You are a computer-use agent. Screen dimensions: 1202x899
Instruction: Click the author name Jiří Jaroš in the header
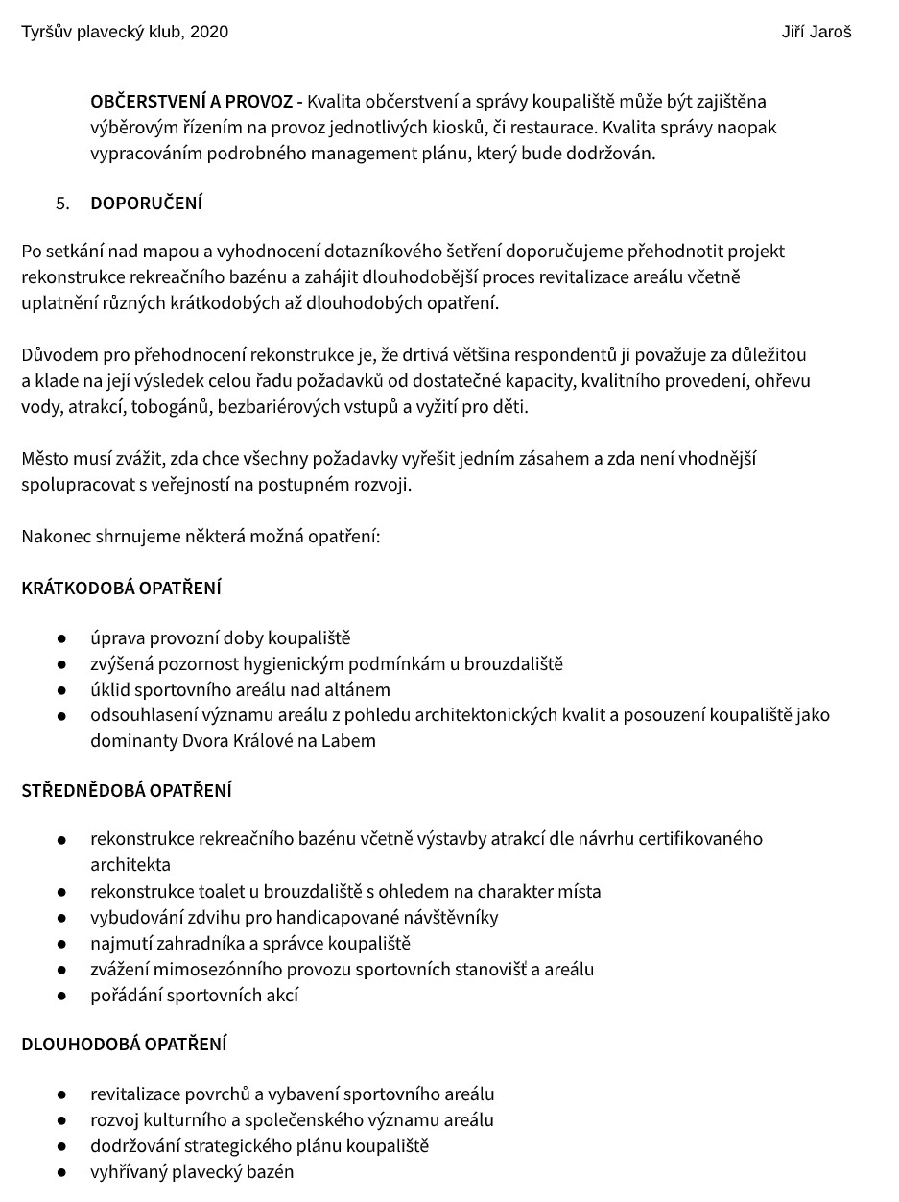[x=816, y=32]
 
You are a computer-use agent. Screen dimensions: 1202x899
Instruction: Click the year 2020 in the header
[x=209, y=32]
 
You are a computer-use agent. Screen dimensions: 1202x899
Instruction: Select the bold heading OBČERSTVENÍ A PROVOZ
[x=191, y=101]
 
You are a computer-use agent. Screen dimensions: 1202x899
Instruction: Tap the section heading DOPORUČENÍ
[x=146, y=204]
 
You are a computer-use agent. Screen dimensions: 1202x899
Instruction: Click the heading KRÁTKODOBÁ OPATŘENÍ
[x=121, y=588]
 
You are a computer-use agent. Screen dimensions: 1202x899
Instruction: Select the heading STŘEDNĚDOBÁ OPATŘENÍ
[x=127, y=791]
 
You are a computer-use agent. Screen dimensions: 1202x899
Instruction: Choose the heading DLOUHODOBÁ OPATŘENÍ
[x=124, y=1044]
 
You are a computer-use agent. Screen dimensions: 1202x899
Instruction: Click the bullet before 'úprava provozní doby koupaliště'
[x=61, y=638]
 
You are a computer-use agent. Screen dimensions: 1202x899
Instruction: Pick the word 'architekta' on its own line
[x=130, y=864]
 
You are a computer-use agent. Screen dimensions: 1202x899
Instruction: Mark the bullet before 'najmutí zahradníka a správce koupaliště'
[x=61, y=944]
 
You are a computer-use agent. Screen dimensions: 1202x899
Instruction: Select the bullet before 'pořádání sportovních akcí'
[x=61, y=996]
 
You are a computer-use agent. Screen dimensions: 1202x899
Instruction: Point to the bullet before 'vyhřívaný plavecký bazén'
[x=61, y=1172]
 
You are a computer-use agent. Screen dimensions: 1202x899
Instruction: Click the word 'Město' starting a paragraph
[x=45, y=458]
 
